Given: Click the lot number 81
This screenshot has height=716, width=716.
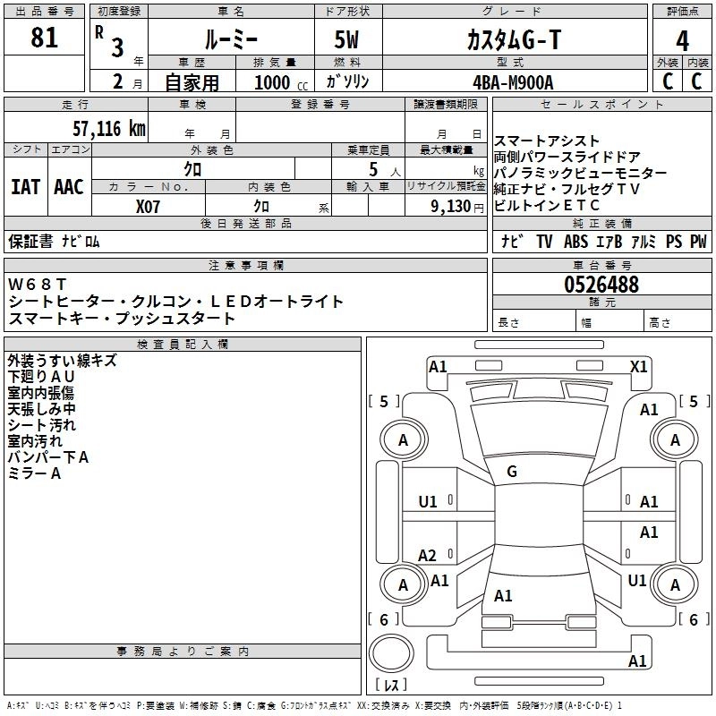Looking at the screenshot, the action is click(x=44, y=38).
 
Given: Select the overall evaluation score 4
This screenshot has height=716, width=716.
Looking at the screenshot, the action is click(x=683, y=40).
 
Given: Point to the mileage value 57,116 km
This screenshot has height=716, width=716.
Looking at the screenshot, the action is click(x=108, y=129).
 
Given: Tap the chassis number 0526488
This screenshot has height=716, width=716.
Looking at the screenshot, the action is click(x=601, y=285).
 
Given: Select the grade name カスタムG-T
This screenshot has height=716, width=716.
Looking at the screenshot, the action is click(x=512, y=40).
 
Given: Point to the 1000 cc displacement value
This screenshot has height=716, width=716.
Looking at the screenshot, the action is click(x=273, y=82).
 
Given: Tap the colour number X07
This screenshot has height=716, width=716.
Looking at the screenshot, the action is click(x=149, y=206).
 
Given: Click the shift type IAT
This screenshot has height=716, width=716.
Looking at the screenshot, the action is click(x=25, y=186).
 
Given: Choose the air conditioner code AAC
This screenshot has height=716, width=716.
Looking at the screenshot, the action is click(x=69, y=186).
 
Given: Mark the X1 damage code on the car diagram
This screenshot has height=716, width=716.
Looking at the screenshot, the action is click(x=638, y=366).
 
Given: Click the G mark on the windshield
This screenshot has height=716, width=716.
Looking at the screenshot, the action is click(x=511, y=471).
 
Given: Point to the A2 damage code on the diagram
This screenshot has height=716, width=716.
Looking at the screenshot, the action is click(x=428, y=555).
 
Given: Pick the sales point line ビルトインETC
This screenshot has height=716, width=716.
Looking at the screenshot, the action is click(x=547, y=205).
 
